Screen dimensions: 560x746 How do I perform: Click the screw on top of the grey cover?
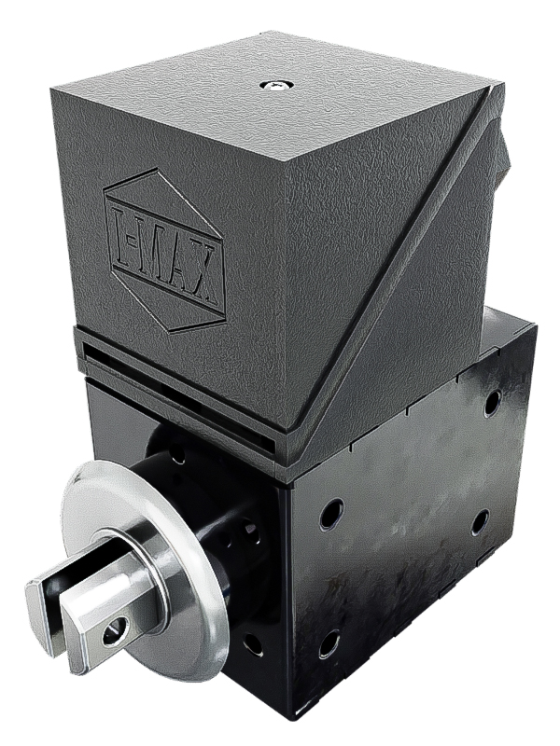(275, 86)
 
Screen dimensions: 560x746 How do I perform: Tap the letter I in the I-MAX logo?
(125, 229)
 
